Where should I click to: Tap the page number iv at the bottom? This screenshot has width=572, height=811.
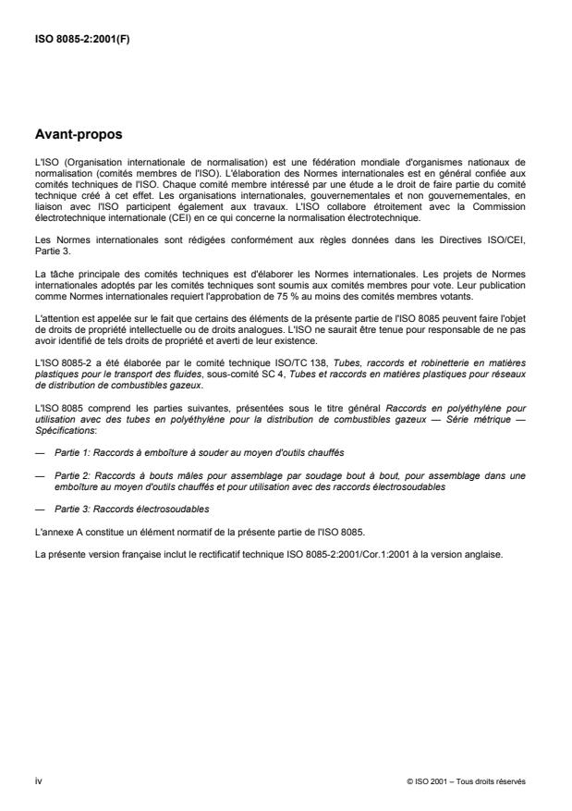[x=37, y=781]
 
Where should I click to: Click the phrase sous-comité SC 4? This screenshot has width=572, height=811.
[x=228, y=353]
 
